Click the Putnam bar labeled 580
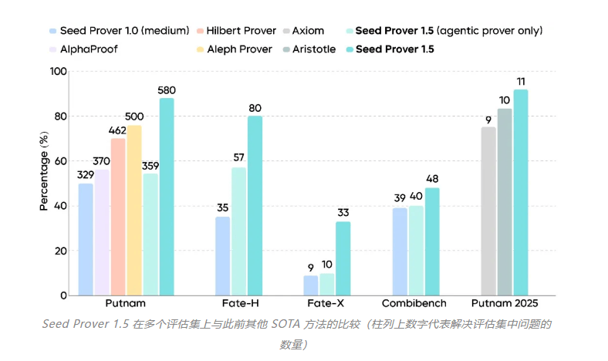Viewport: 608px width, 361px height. pyautogui.click(x=167, y=197)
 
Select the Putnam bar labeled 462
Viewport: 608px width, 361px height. pyautogui.click(x=118, y=217)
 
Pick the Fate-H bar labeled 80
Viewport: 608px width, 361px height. pyautogui.click(x=255, y=205)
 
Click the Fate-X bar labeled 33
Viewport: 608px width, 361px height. pyautogui.click(x=343, y=258)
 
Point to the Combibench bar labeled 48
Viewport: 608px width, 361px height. pyautogui.click(x=431, y=241)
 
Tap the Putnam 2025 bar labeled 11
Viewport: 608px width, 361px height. pyautogui.click(x=521, y=192)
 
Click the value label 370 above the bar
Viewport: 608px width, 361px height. pyautogui.click(x=102, y=161)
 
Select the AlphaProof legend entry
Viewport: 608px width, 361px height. pyautogui.click(x=87, y=49)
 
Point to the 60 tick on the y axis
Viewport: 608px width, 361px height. pyautogui.click(x=60, y=161)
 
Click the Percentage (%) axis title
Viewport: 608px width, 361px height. pyautogui.click(x=44, y=170)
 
